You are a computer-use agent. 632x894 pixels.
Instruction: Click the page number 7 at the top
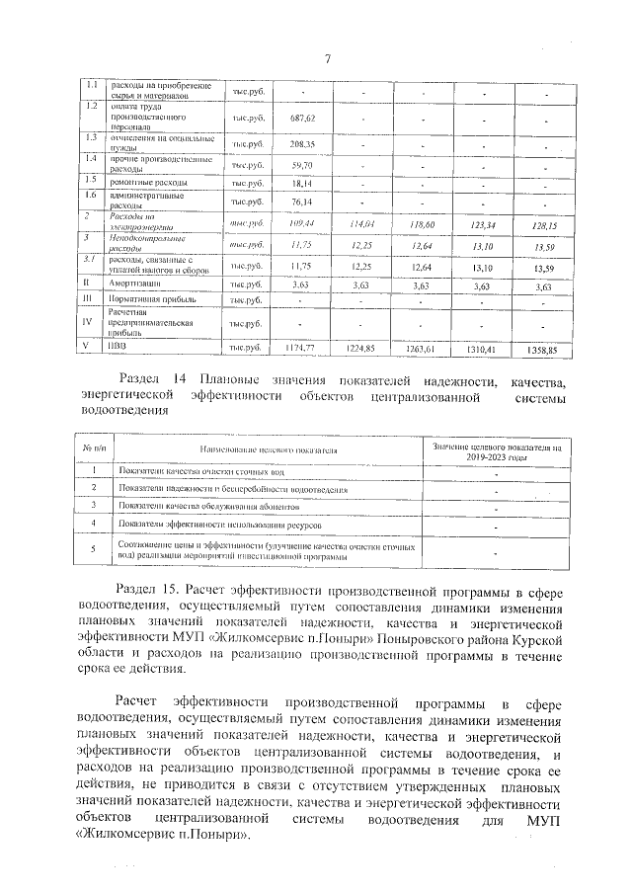click(x=325, y=60)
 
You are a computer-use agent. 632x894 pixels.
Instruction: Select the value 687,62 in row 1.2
click(x=302, y=117)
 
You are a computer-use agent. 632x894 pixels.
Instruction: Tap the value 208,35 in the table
click(x=302, y=143)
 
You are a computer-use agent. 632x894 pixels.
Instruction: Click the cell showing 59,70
click(x=302, y=165)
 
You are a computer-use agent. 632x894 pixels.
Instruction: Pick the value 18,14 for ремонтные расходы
click(x=302, y=184)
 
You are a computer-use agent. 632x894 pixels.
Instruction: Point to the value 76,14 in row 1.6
click(x=302, y=203)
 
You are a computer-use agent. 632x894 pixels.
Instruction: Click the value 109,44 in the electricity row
click(x=302, y=224)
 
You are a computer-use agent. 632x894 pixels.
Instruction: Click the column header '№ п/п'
click(x=93, y=449)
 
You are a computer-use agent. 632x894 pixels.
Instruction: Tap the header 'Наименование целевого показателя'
click(x=268, y=449)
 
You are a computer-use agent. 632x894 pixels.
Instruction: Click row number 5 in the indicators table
click(x=93, y=550)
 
